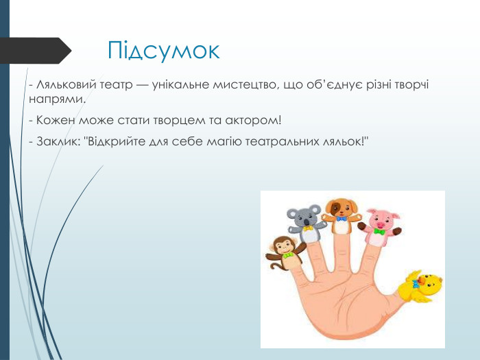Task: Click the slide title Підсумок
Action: tap(164, 50)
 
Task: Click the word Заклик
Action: tap(57, 142)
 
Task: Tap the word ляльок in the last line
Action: tap(347, 142)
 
